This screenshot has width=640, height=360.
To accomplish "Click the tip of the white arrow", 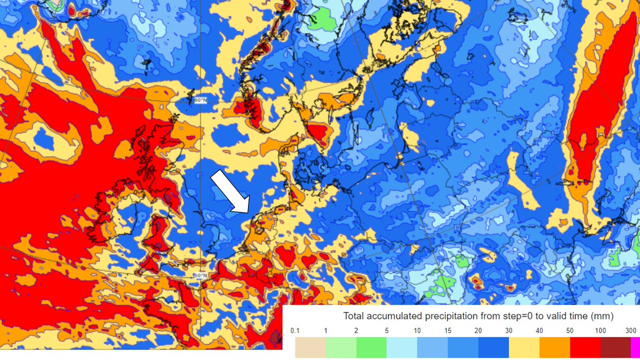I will point(249,212).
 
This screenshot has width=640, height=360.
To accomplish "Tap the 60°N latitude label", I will point(199,100).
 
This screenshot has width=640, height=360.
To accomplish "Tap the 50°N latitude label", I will point(199,275).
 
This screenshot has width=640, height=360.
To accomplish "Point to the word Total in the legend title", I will point(354,316).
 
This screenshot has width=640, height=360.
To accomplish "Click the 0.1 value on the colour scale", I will point(295,331).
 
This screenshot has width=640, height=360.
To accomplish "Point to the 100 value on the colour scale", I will point(601,331).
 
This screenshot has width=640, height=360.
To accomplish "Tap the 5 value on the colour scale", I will point(387,331).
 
